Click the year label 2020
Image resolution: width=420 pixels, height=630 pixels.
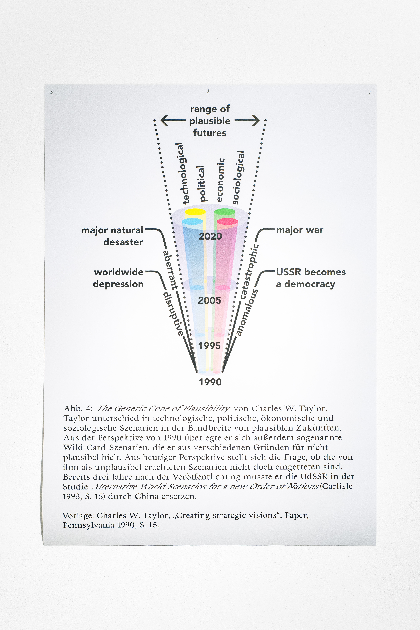point(210,236)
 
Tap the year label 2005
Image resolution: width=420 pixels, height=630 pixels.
point(209,300)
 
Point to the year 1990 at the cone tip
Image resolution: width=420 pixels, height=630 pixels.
point(210,382)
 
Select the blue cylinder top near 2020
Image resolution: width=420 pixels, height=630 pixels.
point(192,221)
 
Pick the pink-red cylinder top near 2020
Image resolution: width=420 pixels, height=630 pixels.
point(227,221)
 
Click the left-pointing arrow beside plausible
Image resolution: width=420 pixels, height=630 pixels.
point(173,120)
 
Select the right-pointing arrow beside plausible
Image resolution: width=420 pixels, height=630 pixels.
point(247,120)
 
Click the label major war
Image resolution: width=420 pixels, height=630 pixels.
point(300,230)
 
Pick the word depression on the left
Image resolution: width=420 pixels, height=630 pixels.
point(118,284)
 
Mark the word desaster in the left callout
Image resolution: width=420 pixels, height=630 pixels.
point(123,242)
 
